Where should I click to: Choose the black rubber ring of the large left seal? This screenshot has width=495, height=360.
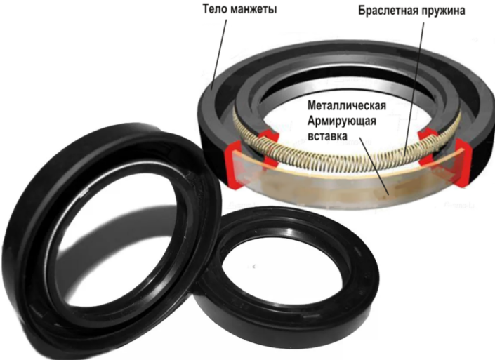(42, 232)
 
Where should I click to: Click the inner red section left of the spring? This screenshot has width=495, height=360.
(265, 138)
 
